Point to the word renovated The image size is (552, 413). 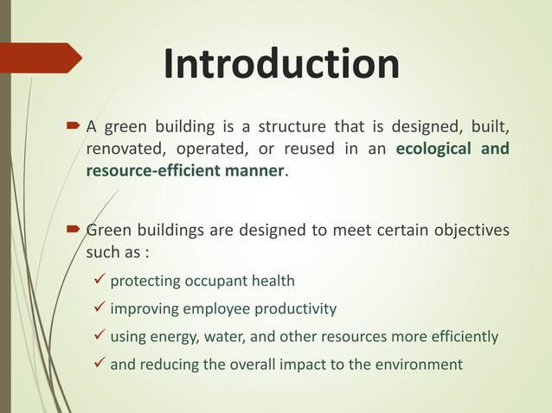click(122, 149)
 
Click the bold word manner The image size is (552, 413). click(253, 171)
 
